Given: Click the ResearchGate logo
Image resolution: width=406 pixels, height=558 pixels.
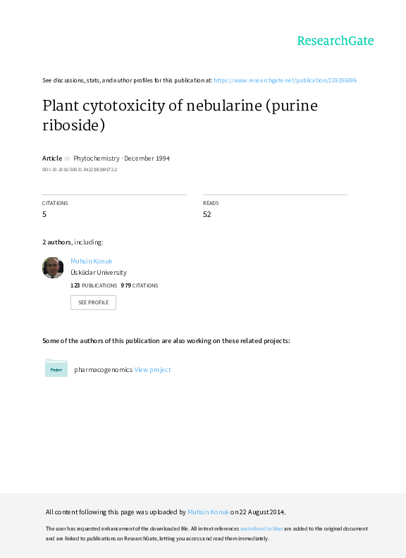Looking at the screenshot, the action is click(336, 41).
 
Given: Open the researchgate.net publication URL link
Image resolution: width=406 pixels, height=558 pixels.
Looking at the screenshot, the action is click(285, 80).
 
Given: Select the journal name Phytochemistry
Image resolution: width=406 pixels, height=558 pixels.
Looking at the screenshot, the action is click(96, 159).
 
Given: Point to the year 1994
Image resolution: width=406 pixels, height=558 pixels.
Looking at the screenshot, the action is click(163, 159).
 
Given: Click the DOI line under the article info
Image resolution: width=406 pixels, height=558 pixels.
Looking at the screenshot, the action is click(80, 170).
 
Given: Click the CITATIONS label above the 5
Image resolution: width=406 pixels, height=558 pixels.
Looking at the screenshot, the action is click(55, 203).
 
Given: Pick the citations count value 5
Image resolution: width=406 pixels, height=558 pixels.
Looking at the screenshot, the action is click(44, 214).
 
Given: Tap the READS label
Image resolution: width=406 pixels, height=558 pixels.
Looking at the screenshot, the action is click(211, 203).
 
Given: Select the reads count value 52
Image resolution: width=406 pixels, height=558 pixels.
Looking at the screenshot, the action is click(207, 214).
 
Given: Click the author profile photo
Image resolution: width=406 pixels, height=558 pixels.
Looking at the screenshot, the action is click(53, 268).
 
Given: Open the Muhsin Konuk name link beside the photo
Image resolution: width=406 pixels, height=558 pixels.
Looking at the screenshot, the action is click(91, 261).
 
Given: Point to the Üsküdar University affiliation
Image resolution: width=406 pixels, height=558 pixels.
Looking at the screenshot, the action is click(98, 273).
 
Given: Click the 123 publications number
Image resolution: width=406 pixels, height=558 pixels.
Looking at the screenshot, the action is click(75, 285).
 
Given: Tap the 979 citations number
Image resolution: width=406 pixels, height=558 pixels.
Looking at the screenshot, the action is click(126, 285).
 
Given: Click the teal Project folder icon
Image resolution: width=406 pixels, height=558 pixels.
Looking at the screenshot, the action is click(56, 368).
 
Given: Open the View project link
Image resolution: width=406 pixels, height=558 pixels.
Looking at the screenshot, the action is click(152, 370).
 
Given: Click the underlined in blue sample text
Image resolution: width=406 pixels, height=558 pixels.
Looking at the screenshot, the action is click(262, 529).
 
